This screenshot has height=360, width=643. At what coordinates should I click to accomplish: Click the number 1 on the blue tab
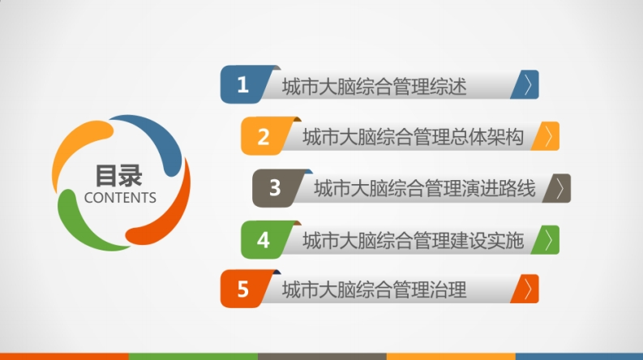click(242, 85)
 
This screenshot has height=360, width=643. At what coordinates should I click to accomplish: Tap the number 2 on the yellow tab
click(264, 136)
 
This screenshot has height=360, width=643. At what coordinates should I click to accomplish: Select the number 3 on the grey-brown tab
click(275, 188)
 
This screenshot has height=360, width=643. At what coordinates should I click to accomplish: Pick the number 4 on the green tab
click(264, 240)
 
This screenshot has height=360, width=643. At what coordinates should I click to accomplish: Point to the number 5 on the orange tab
click(242, 289)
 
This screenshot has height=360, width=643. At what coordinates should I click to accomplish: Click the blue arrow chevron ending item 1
click(528, 84)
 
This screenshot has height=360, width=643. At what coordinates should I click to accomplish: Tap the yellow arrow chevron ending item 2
click(549, 136)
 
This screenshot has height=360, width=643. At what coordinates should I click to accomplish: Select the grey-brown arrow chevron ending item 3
click(560, 188)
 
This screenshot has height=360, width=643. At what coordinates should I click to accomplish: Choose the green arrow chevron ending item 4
click(549, 240)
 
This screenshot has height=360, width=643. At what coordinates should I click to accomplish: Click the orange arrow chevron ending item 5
click(528, 289)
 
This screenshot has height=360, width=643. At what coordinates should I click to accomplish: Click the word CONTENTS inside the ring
click(120, 198)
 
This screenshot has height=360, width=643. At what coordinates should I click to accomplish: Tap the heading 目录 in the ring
click(119, 175)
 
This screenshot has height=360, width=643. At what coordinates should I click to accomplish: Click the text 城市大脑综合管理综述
click(374, 87)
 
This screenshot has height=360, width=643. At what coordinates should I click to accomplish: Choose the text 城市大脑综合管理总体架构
click(413, 137)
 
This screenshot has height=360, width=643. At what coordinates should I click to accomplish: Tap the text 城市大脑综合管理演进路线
click(425, 189)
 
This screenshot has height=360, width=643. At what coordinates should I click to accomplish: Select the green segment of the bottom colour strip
click(193, 356)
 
